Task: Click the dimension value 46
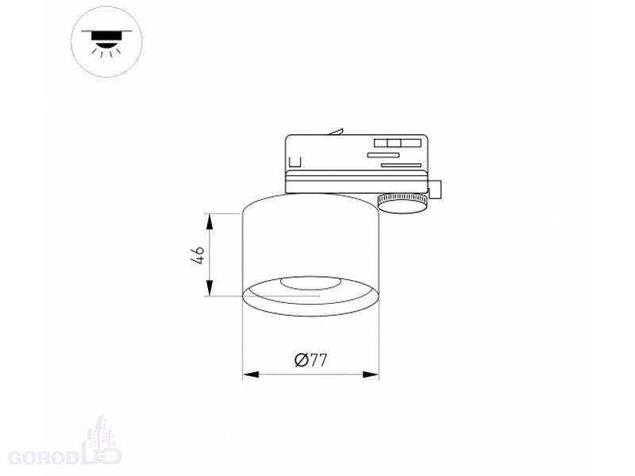198,255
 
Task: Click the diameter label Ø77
310,359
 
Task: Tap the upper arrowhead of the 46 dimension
210,222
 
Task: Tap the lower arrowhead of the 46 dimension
210,287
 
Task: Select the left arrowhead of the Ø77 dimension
251,374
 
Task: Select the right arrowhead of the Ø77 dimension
371,374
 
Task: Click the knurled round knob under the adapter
402,204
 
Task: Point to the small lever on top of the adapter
336,132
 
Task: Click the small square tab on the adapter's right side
435,190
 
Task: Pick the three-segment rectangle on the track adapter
398,143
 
